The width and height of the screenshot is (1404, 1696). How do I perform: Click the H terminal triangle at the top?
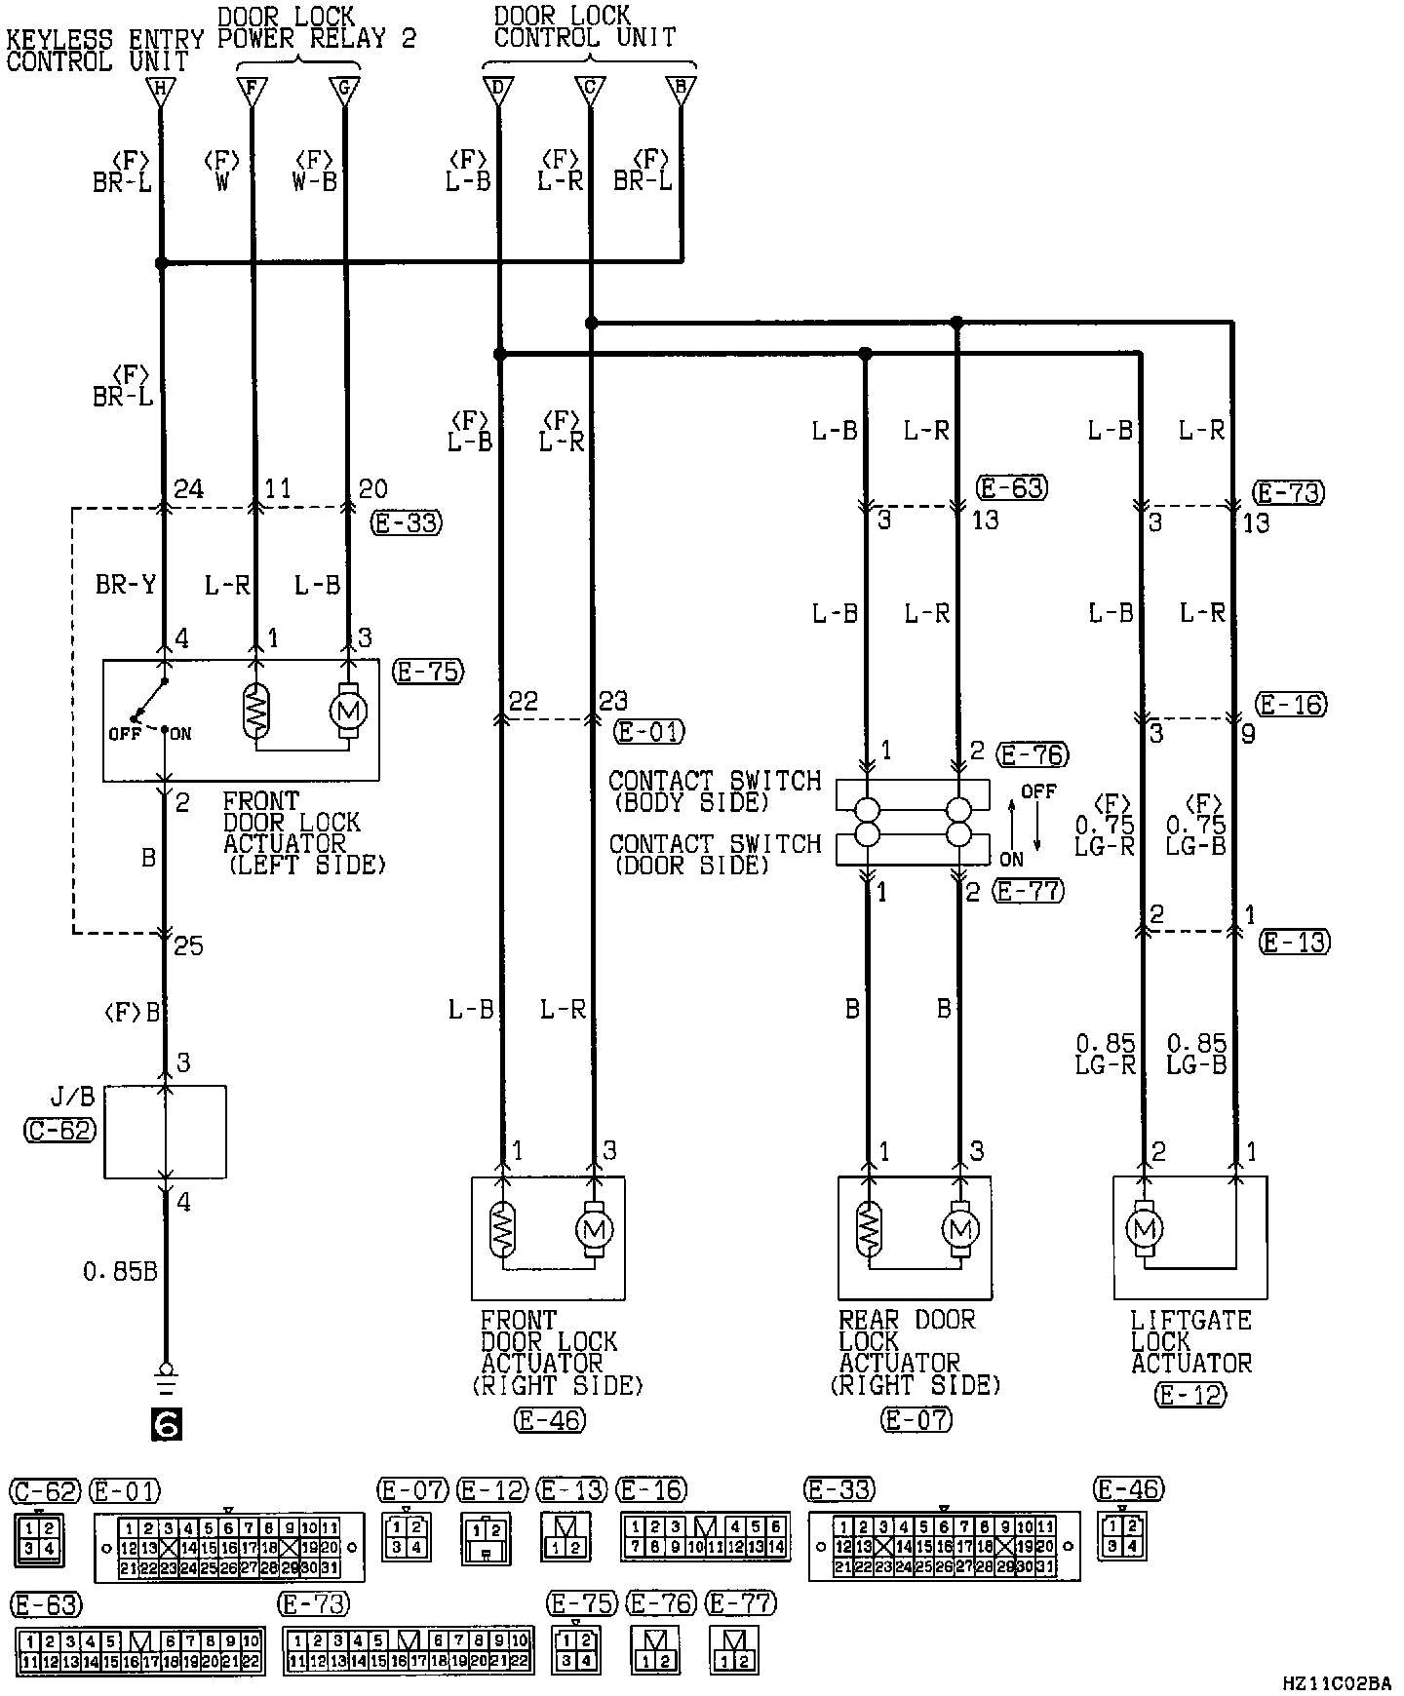coord(161,91)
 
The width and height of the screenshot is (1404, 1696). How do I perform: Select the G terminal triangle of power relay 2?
coord(344,91)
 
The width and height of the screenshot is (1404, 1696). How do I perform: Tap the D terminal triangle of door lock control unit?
coord(498,91)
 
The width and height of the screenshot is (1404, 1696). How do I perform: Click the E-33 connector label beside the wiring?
coord(407,523)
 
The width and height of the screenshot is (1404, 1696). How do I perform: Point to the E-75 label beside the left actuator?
coord(428,672)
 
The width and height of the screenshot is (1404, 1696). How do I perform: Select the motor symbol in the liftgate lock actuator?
coord(1145,1227)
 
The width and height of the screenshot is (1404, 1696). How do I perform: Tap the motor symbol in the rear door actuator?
coord(961,1227)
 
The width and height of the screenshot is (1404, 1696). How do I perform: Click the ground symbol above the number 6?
coord(166,1376)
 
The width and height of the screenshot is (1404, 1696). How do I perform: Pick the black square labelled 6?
coord(166,1426)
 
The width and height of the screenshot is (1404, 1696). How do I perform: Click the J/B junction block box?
coord(165,1132)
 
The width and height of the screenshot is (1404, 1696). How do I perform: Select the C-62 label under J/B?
coord(59,1131)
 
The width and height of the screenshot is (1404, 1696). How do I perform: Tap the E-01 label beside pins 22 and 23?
coord(649,731)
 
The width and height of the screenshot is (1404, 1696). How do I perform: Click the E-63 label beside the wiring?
coord(1013,487)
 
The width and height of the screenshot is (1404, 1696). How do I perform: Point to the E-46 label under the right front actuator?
coord(549,1421)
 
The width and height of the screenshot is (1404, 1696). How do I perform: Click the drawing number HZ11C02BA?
coord(1337,1682)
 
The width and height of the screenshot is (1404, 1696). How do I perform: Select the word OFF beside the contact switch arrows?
coord(1039,791)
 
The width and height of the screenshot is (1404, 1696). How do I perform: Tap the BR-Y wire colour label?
coord(125,585)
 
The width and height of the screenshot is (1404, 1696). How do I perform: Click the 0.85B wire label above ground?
coord(121,1272)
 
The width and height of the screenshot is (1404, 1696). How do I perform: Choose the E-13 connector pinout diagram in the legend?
coord(565,1535)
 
